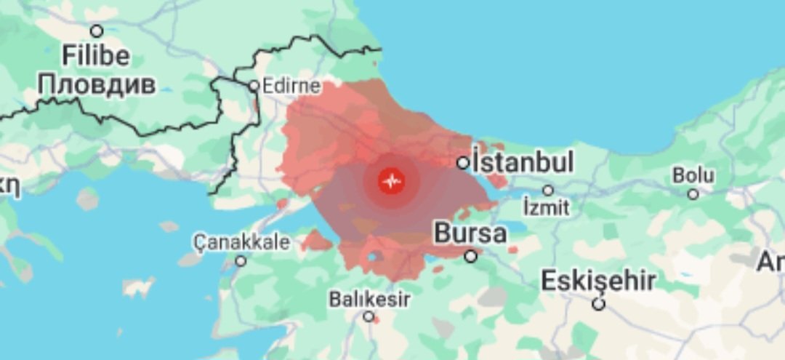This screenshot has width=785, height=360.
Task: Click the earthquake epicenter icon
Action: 392,181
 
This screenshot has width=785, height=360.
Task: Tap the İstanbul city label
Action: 523,161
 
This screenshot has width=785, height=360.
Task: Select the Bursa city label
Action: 470,234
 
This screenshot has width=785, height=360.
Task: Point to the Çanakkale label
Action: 242,242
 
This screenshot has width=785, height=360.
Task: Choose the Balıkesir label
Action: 369,299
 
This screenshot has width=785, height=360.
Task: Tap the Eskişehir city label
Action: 599,281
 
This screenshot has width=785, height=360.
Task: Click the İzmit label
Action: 547,207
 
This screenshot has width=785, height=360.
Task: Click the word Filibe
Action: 96,56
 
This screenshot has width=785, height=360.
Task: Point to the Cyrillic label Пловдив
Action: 97,84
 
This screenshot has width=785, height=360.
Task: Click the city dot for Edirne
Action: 254,86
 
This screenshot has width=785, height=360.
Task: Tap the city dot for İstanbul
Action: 463,163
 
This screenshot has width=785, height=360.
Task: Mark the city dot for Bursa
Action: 471,256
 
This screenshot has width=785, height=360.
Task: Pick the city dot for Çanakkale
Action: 241,260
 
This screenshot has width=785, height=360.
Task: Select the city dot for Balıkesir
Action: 369,316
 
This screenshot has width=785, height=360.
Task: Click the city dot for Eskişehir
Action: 598,304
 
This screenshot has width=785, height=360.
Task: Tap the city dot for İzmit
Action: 547,191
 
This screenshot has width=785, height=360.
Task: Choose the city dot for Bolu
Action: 693,194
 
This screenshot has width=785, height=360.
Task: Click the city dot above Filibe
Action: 96,31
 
